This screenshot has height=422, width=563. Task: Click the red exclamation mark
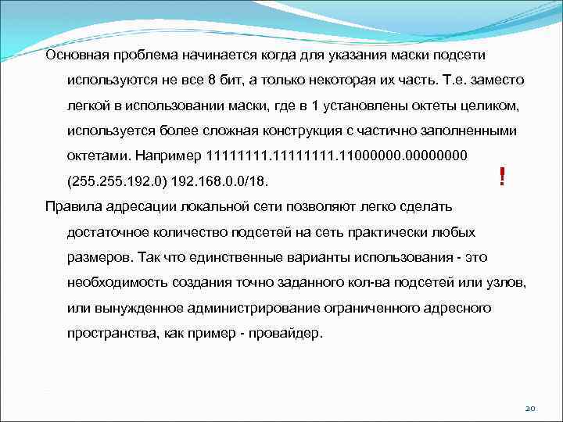(500, 179)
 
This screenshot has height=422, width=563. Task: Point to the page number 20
(529, 409)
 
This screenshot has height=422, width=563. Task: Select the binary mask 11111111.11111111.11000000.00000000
(336, 156)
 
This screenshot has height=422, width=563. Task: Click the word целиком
(453, 105)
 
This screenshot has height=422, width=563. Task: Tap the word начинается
(203, 55)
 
